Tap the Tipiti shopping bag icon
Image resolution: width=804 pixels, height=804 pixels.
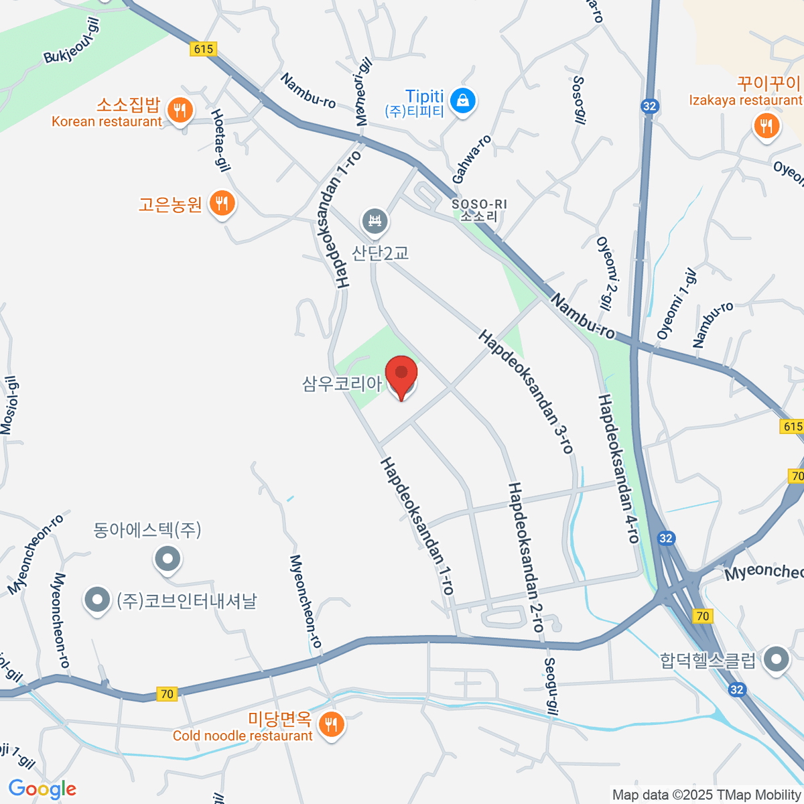[462, 102]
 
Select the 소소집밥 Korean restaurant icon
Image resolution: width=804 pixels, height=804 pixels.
[179, 109]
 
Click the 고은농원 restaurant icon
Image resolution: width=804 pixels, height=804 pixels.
[222, 202]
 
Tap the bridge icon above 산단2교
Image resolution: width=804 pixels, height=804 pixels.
[375, 221]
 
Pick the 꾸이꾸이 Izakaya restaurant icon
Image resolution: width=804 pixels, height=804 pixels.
[766, 125]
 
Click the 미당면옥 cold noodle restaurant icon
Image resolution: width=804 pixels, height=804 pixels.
[330, 724]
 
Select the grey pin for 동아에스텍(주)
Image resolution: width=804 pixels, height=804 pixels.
[167, 558]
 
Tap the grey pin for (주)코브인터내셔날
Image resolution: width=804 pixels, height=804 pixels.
[98, 600]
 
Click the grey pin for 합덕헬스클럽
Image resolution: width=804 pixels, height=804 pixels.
[777, 659]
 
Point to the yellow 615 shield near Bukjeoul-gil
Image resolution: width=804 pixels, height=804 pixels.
[202, 49]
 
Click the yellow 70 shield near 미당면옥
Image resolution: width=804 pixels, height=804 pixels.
[167, 694]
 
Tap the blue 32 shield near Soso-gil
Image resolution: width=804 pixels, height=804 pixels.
[649, 106]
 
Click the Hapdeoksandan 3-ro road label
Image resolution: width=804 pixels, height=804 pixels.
[527, 391]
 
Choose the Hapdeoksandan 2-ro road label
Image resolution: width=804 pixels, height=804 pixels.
[526, 557]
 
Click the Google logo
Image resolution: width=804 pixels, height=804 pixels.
[42, 789]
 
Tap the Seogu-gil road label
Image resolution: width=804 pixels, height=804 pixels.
[550, 687]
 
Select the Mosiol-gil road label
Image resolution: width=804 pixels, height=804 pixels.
[9, 405]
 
